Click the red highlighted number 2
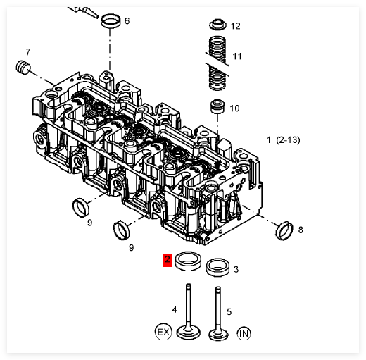(x=167, y=260)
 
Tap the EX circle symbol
(x=163, y=333)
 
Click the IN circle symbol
(x=244, y=333)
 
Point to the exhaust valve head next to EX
(x=189, y=333)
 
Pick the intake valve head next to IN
(x=218, y=335)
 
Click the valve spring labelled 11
(x=218, y=63)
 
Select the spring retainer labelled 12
(x=218, y=25)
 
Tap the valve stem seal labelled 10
(x=217, y=106)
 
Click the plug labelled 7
(x=23, y=68)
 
